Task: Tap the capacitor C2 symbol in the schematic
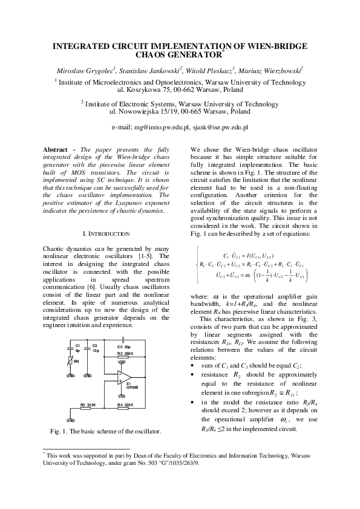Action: (x=123, y=340)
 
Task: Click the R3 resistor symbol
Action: (x=87, y=408)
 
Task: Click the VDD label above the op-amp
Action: (x=121, y=362)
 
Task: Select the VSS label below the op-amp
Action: (x=121, y=396)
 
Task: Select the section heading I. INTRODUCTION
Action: (x=105, y=233)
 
